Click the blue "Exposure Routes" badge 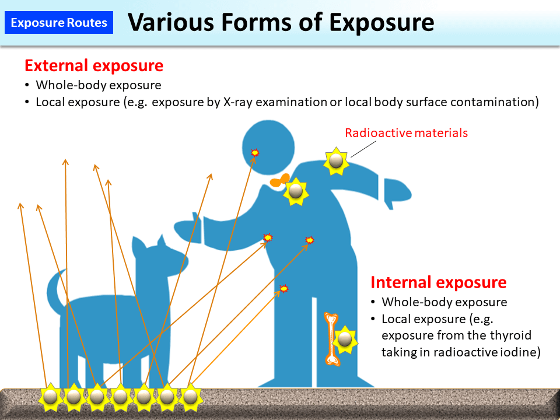click(59, 23)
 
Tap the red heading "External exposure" click(94, 66)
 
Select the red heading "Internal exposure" click(439, 282)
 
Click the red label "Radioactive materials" click(407, 133)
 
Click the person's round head click(268, 148)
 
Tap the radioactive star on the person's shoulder click(336, 161)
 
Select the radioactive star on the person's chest click(296, 191)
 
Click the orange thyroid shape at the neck click(279, 181)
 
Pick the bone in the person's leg click(332, 339)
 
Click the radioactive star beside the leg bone click(345, 339)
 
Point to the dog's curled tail click(55, 289)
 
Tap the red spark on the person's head click(255, 153)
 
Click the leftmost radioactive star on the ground click(50, 397)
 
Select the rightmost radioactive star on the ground click(190, 397)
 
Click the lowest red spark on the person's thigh click(284, 288)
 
